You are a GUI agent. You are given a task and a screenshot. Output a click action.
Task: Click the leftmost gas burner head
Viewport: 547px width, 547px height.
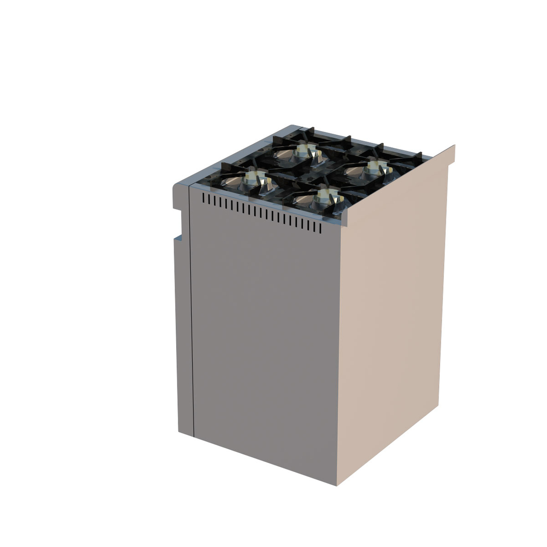coord(255,177)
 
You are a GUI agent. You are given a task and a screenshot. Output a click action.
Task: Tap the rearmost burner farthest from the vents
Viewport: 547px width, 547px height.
coord(306,149)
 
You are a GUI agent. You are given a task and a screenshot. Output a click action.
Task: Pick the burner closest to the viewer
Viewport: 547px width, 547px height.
coord(326,195)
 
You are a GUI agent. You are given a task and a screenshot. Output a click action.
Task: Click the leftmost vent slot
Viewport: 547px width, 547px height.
coord(204,198)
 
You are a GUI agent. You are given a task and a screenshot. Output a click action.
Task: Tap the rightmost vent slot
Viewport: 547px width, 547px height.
coord(320,228)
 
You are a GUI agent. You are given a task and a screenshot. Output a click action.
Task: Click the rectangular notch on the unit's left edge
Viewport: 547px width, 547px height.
coord(178,223)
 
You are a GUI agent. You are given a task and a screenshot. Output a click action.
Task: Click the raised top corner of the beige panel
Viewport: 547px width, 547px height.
coord(454,146)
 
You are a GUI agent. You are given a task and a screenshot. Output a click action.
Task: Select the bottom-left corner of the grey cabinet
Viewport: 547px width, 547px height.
coord(179,431)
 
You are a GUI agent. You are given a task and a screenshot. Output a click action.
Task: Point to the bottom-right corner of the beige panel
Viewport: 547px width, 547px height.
coord(438,405)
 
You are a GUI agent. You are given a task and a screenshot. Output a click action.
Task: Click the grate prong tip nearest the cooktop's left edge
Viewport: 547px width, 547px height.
coord(223,166)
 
